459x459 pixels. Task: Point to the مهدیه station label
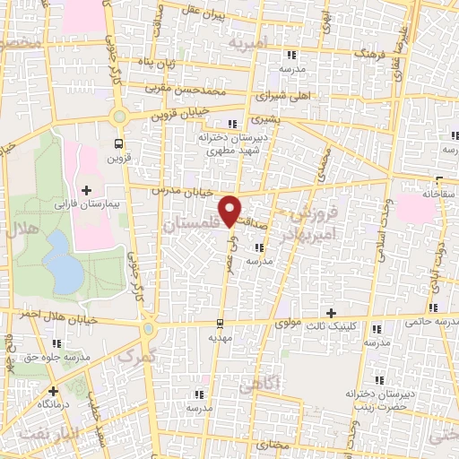click(x=221, y=338)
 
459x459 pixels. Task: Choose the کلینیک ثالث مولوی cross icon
click(x=332, y=313)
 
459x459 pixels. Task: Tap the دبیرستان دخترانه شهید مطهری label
click(x=234, y=144)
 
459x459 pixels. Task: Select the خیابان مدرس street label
click(x=181, y=191)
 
